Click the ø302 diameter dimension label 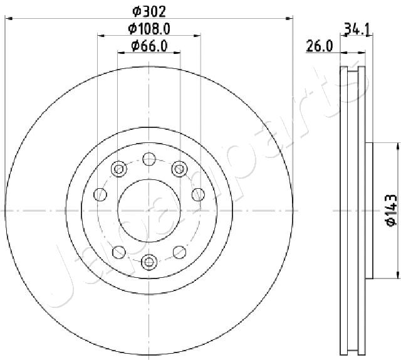pos(149,12)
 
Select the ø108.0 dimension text pos(149,29)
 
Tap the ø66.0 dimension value pos(149,46)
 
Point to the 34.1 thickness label pos(357,29)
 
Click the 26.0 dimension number pos(320,46)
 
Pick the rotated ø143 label pos(391,211)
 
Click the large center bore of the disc pos(149,211)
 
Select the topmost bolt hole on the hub pos(149,159)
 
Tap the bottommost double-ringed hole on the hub pos(149,262)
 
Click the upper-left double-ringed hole pos(119,169)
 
